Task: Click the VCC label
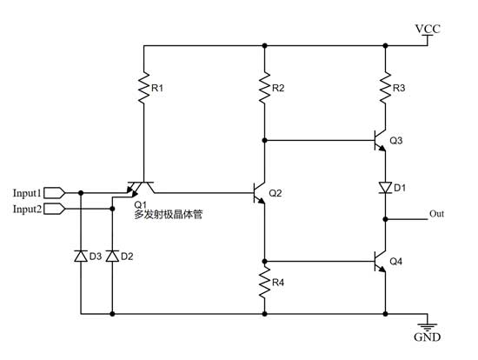pos(428,30)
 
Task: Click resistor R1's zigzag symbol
pos(143,89)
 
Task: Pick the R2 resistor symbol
pos(265,89)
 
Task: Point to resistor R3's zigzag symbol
pos(385,89)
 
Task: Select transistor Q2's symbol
pos(259,192)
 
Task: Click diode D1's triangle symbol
pos(385,187)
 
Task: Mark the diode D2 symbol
pos(111,257)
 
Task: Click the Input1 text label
pos(26,192)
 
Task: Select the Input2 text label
pos(26,209)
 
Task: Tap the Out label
pos(439,212)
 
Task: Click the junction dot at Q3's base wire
pos(265,139)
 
